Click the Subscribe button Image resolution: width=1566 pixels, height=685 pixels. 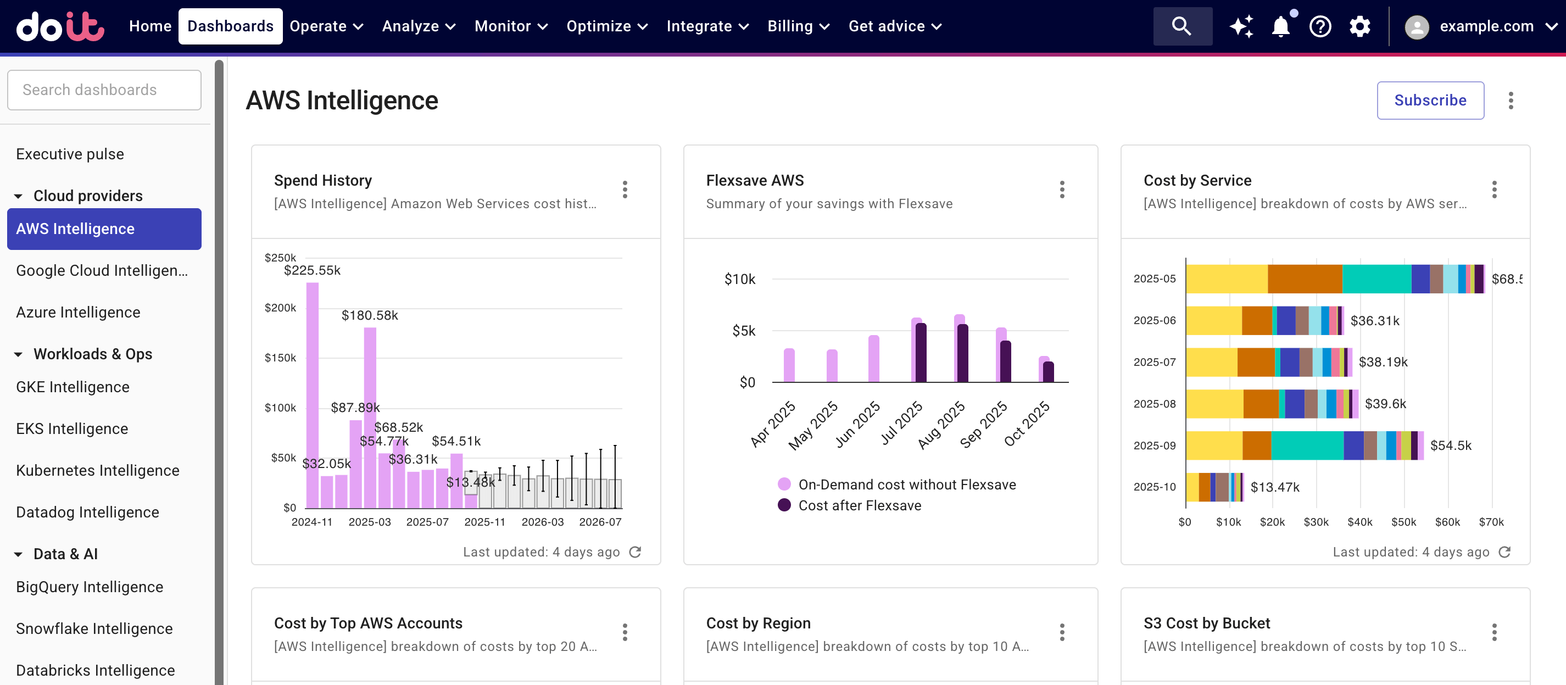click(x=1429, y=101)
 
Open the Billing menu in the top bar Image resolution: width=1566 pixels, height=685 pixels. click(x=798, y=26)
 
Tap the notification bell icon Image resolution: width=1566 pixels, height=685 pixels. click(x=1280, y=27)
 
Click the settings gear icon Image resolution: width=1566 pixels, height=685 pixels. click(x=1359, y=27)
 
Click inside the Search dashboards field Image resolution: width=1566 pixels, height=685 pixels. click(x=104, y=90)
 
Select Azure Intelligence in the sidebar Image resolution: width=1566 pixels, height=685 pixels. click(x=78, y=313)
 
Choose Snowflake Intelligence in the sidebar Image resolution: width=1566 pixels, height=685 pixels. click(x=94, y=628)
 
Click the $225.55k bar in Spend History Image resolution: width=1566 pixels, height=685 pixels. click(x=312, y=395)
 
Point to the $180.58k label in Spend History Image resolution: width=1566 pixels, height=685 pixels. click(x=370, y=315)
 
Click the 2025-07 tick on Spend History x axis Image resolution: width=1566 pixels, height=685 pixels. click(x=427, y=522)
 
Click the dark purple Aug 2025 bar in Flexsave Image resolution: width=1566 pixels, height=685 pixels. click(x=962, y=353)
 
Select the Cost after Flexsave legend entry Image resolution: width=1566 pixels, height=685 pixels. click(x=859, y=506)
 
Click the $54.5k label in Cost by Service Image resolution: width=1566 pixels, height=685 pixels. click(x=1450, y=445)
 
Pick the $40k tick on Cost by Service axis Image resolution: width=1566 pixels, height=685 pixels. click(x=1359, y=522)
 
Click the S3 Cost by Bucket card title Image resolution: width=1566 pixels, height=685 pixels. click(x=1206, y=623)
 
